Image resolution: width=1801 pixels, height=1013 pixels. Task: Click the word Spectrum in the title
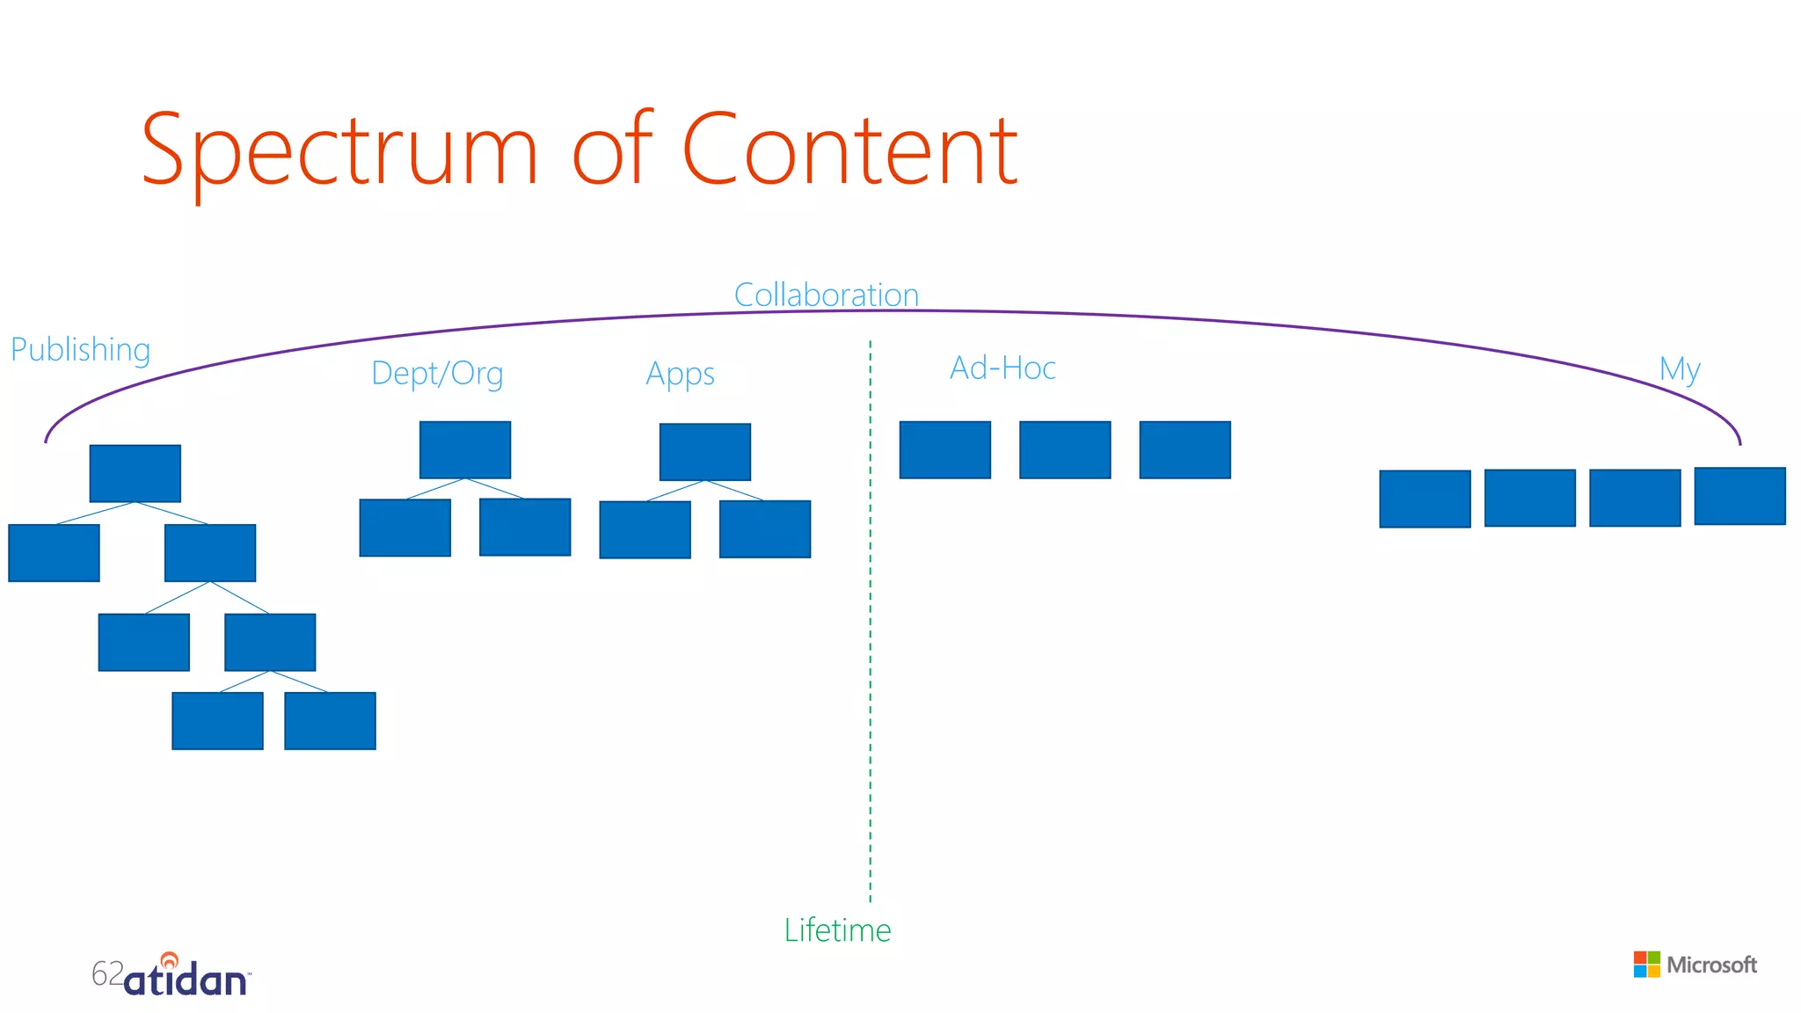[339, 151]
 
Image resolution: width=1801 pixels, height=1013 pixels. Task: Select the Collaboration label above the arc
[826, 295]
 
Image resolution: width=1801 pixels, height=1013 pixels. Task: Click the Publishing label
[80, 350]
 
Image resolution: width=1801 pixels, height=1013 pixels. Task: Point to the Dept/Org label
[437, 374]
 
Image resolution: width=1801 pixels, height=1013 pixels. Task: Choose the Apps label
[680, 375]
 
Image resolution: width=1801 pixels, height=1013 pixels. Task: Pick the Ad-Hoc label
[1003, 368]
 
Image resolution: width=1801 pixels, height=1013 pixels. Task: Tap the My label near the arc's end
[1679, 369]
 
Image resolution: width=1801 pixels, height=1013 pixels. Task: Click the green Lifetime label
[837, 930]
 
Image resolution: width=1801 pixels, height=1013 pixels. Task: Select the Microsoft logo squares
[1646, 965]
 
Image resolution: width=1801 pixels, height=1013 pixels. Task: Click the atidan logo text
[186, 980]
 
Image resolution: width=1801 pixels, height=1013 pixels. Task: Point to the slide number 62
[107, 973]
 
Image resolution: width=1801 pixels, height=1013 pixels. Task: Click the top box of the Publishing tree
[135, 473]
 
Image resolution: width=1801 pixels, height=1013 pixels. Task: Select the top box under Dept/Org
[465, 449]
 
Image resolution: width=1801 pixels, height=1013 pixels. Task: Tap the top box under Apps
[705, 452]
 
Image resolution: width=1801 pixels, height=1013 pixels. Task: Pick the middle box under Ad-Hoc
[1065, 449]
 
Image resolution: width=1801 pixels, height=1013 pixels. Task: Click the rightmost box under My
[1739, 496]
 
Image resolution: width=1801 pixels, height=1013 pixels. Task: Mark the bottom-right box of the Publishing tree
[330, 721]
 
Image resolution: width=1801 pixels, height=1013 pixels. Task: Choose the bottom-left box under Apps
[645, 529]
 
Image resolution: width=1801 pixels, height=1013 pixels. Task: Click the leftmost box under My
[1425, 499]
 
